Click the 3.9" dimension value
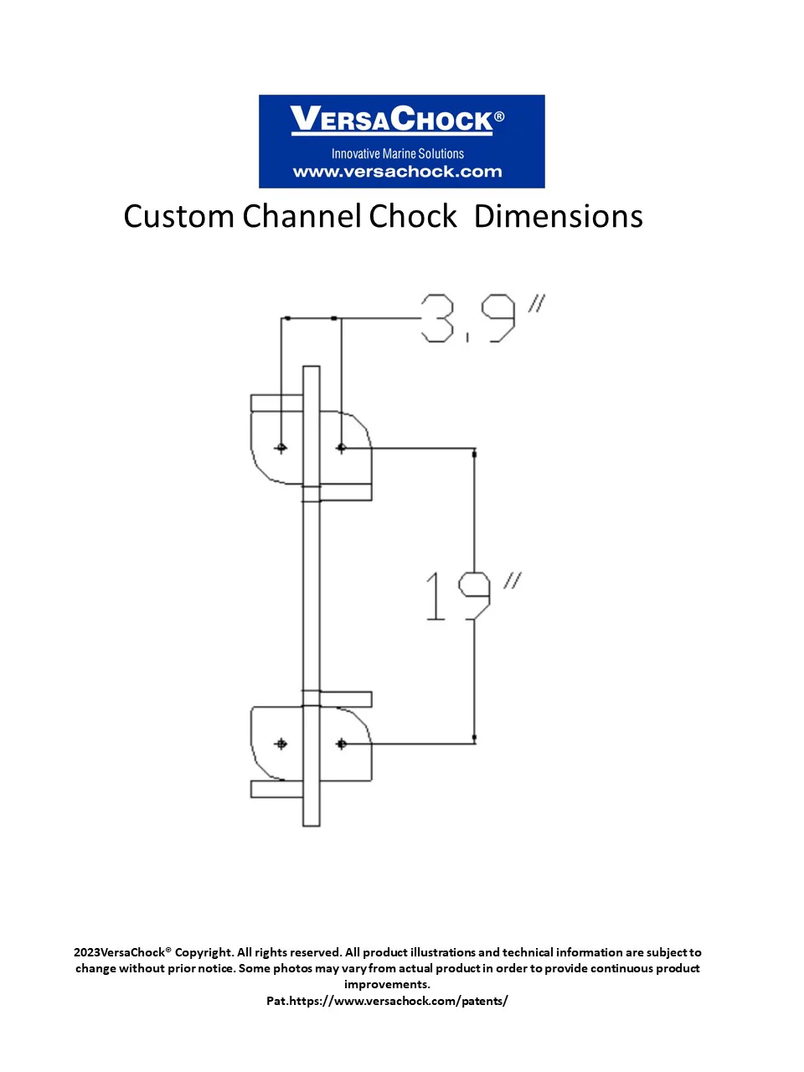[x=481, y=317]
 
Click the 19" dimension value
[x=469, y=596]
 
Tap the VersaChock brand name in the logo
[x=392, y=120]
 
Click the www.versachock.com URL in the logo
[x=397, y=172]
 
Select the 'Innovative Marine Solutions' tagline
[x=397, y=153]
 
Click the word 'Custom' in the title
[x=178, y=217]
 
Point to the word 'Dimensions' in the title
[x=558, y=217]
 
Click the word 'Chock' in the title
[x=413, y=217]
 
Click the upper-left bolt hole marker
[x=281, y=448]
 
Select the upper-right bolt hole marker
[x=341, y=448]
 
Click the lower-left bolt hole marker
[x=281, y=744]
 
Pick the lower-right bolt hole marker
[x=341, y=744]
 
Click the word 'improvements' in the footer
[x=386, y=984]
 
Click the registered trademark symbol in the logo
[x=499, y=116]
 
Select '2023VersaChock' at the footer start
[x=119, y=952]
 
